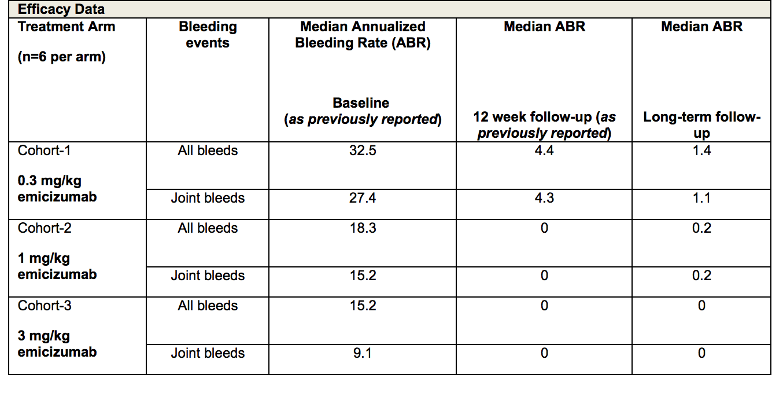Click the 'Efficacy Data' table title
click(x=61, y=9)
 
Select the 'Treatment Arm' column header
click(x=67, y=27)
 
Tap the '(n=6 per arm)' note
click(x=61, y=57)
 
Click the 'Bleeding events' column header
click(x=208, y=35)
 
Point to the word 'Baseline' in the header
click(x=361, y=103)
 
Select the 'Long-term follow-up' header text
click(x=701, y=125)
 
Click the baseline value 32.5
click(x=363, y=151)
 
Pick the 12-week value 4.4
click(x=544, y=151)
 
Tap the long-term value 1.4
click(x=701, y=151)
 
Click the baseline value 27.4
click(x=363, y=198)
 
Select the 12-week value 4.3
click(x=544, y=198)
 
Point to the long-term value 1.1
click(x=701, y=198)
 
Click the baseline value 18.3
click(x=363, y=228)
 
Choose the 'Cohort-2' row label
click(x=45, y=228)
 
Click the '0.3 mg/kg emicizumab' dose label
click(x=57, y=189)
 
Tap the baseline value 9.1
click(x=363, y=353)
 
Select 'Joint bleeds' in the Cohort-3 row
click(x=208, y=353)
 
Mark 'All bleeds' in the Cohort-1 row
click(x=208, y=151)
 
